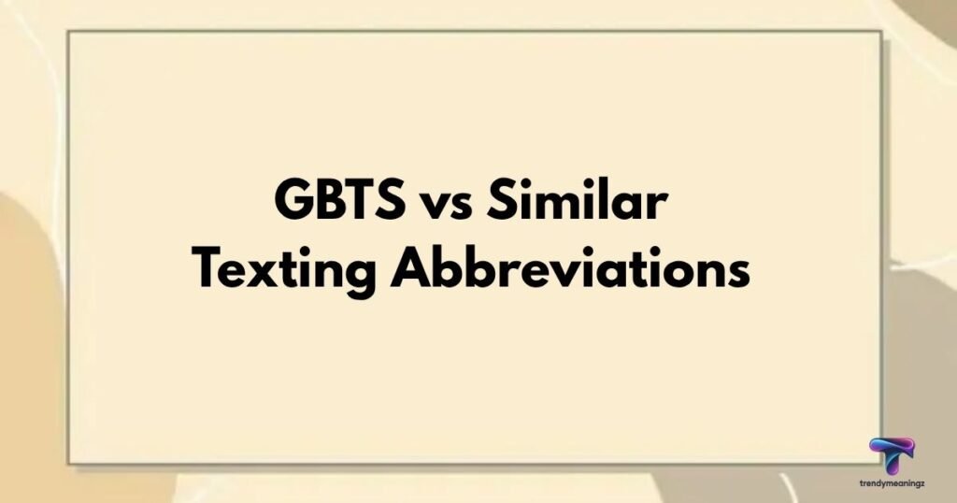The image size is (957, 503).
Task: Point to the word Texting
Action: [284, 272]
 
